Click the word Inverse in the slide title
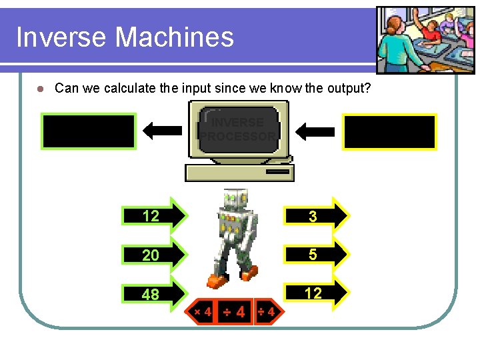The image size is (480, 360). (x=62, y=37)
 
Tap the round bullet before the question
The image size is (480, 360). (x=40, y=89)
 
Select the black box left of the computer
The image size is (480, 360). (x=89, y=131)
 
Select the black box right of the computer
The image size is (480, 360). (x=389, y=131)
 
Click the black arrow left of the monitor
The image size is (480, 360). (x=162, y=131)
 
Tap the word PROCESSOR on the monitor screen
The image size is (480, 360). (x=238, y=137)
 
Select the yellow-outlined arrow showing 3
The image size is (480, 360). (x=316, y=215)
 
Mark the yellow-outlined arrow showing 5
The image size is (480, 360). (x=316, y=254)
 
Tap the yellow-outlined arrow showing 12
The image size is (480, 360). (x=316, y=293)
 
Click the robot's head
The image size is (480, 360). (x=235, y=199)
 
